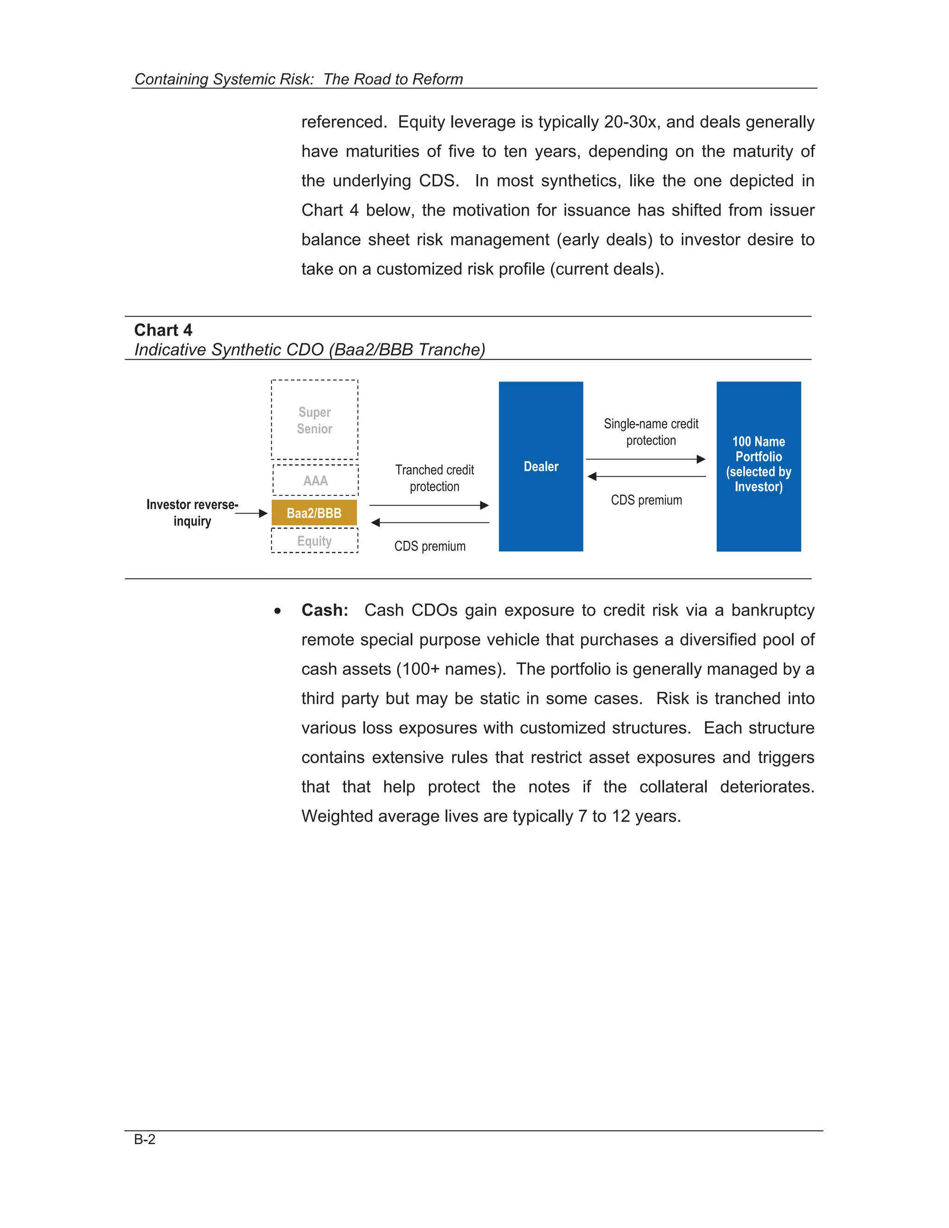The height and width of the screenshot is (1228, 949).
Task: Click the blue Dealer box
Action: [540, 466]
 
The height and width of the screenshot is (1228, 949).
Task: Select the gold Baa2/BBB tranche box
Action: [314, 513]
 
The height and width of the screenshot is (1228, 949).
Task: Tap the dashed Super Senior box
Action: [314, 420]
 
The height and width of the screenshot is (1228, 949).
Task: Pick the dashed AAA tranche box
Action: [316, 480]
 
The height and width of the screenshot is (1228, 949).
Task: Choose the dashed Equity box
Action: [314, 541]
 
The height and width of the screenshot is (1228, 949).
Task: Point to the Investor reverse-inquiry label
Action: [192, 512]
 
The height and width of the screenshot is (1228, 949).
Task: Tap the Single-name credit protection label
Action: [651, 432]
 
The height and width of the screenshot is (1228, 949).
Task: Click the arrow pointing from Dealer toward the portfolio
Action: [645, 459]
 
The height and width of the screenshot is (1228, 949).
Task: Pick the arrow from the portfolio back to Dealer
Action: [646, 476]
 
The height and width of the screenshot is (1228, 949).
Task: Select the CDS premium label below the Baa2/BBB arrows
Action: [430, 546]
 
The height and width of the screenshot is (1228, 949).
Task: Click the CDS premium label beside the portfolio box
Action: [646, 500]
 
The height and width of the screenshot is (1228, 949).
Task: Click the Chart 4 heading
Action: [163, 330]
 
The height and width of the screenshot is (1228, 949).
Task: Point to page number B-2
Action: [145, 1139]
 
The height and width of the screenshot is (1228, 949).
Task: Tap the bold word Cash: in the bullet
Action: [324, 610]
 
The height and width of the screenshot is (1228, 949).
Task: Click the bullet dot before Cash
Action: [277, 611]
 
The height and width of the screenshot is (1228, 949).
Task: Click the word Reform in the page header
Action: [437, 79]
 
